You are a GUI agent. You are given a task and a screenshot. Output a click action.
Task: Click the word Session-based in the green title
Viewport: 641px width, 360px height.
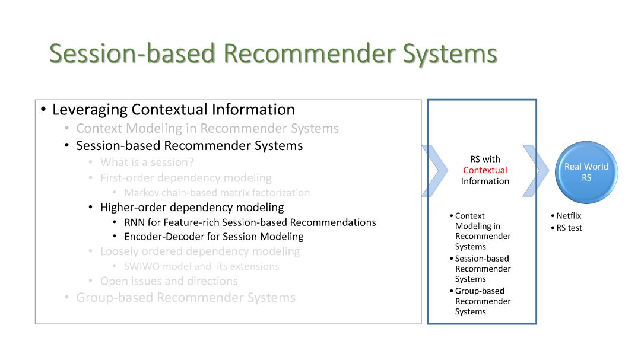coord(132,53)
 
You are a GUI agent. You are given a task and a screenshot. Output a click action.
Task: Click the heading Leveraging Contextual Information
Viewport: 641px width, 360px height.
coord(173,110)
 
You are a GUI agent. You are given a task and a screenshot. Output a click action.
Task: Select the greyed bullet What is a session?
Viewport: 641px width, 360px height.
coord(147,163)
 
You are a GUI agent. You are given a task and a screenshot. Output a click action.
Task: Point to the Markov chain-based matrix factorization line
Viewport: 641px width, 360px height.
coord(217,193)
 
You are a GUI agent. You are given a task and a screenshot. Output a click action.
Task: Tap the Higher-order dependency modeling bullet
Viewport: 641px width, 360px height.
coord(192,208)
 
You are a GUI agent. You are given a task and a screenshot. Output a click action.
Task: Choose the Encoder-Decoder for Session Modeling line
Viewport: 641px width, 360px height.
coord(214,237)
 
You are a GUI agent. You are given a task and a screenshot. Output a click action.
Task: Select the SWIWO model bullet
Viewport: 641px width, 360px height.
coord(202,266)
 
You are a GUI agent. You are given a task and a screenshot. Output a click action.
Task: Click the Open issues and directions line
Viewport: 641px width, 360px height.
coord(169,281)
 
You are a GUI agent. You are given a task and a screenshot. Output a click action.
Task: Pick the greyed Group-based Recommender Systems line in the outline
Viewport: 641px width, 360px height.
coord(186,298)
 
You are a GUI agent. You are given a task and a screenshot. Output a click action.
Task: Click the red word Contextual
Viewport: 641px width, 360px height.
coord(485,170)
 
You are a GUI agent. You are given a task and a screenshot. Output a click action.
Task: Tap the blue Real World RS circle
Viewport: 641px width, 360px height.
coord(586,172)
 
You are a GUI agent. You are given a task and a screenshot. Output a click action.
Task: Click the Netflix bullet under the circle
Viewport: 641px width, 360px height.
coord(569,216)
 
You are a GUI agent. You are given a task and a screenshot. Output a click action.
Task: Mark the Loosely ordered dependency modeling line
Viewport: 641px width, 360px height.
coord(200,251)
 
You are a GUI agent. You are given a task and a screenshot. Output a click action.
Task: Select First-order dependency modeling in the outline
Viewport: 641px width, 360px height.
coord(186,178)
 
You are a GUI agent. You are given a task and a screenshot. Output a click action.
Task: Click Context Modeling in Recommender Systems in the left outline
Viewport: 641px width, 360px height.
coord(207,129)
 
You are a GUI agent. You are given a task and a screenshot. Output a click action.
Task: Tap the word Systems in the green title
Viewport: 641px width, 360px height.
coord(450,53)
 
